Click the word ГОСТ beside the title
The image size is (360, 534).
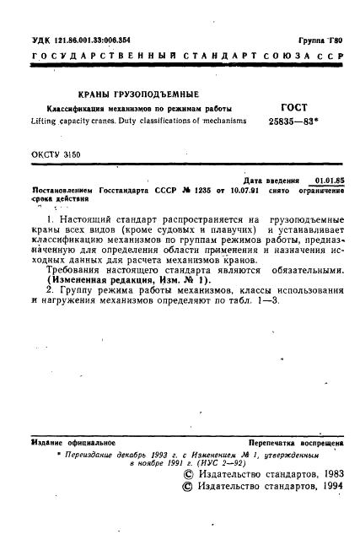(293, 108)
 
